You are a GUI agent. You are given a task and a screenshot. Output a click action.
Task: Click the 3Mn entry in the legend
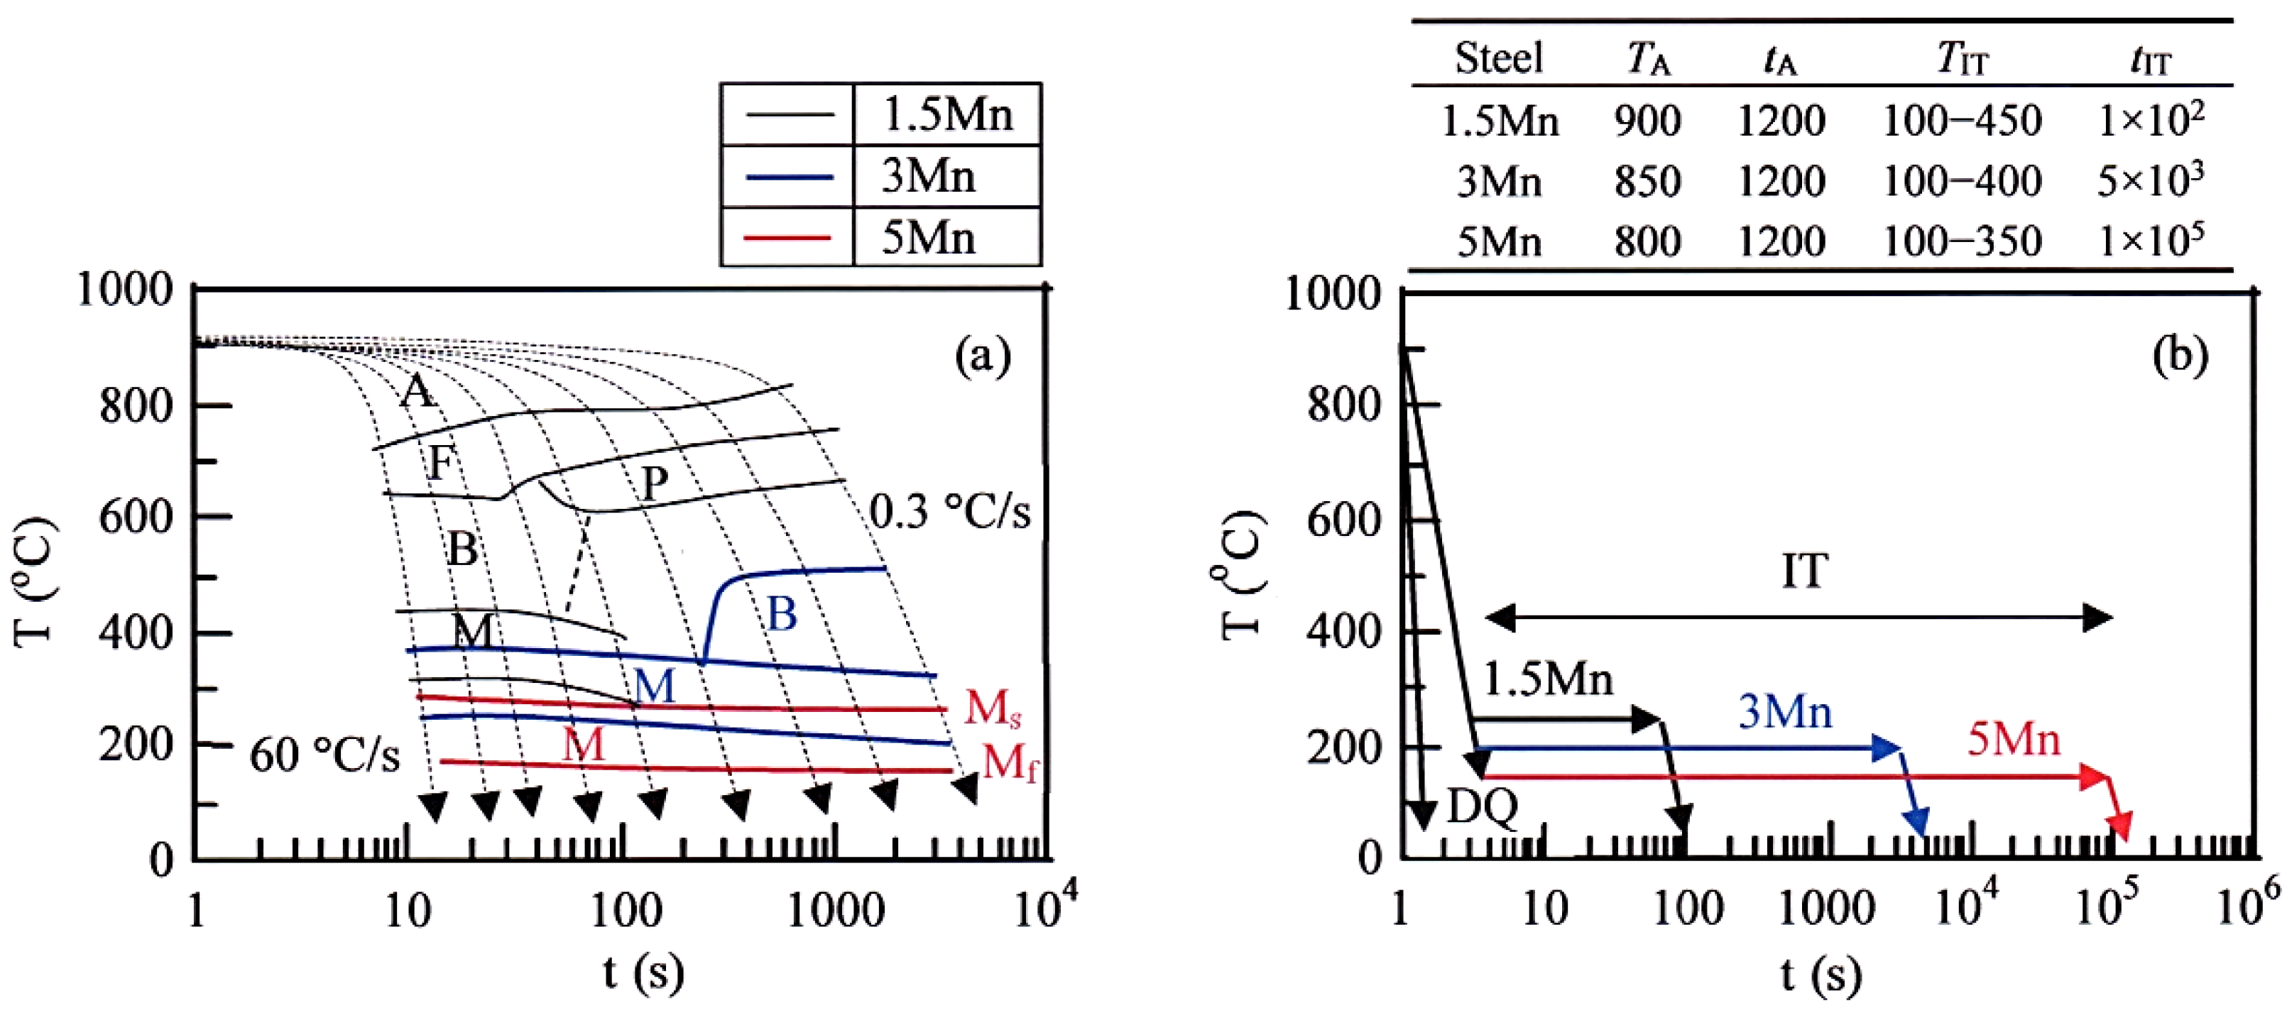click(929, 177)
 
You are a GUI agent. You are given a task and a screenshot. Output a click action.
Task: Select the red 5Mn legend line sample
click(788, 238)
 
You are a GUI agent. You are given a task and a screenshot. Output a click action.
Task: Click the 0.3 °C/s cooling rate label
click(950, 513)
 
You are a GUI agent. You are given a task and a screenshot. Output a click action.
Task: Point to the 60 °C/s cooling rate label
click(325, 755)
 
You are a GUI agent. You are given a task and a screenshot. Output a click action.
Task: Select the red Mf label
click(1010, 762)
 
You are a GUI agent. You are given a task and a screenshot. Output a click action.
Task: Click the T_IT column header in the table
click(1962, 60)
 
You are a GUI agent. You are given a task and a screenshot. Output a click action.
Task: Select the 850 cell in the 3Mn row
click(1647, 182)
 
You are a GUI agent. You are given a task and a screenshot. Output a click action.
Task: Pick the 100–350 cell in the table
click(1962, 241)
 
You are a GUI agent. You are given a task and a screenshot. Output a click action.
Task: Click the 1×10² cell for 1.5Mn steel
click(2150, 120)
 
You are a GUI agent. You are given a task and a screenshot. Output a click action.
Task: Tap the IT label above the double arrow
click(1805, 571)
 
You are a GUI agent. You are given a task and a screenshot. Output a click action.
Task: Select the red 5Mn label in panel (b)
click(2014, 740)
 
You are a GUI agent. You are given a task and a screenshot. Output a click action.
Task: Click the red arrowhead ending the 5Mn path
click(2120, 826)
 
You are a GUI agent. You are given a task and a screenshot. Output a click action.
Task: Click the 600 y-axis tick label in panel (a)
click(136, 517)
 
